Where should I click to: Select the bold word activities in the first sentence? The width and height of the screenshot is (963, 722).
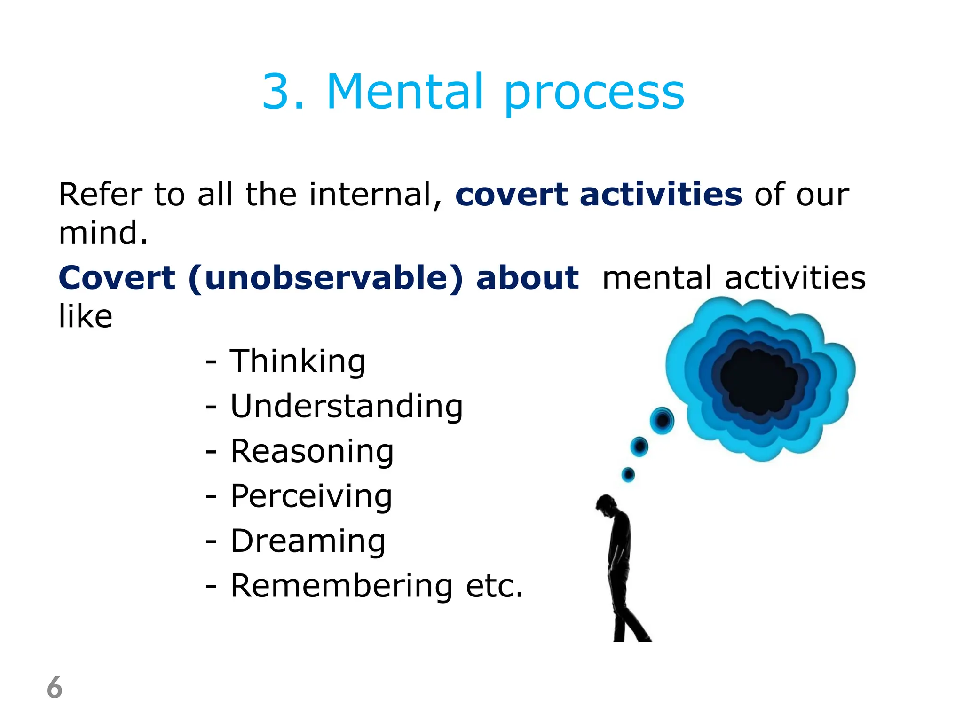661,194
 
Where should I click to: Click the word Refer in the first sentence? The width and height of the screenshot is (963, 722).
100,194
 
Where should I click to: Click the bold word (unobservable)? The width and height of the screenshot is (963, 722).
325,278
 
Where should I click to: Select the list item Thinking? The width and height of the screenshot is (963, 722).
297,361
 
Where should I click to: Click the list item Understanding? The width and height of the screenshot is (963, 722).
347,406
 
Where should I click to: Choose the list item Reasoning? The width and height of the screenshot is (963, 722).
312,451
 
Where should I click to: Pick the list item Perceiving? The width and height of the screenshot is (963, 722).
311,496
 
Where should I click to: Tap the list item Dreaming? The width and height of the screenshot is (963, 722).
308,541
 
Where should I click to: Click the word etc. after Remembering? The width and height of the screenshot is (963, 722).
494,586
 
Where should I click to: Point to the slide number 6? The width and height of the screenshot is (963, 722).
55,687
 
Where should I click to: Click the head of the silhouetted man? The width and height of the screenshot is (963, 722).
606,504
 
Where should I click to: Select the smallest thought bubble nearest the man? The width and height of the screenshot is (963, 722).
628,474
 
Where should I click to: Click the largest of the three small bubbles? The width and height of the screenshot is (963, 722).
662,420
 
